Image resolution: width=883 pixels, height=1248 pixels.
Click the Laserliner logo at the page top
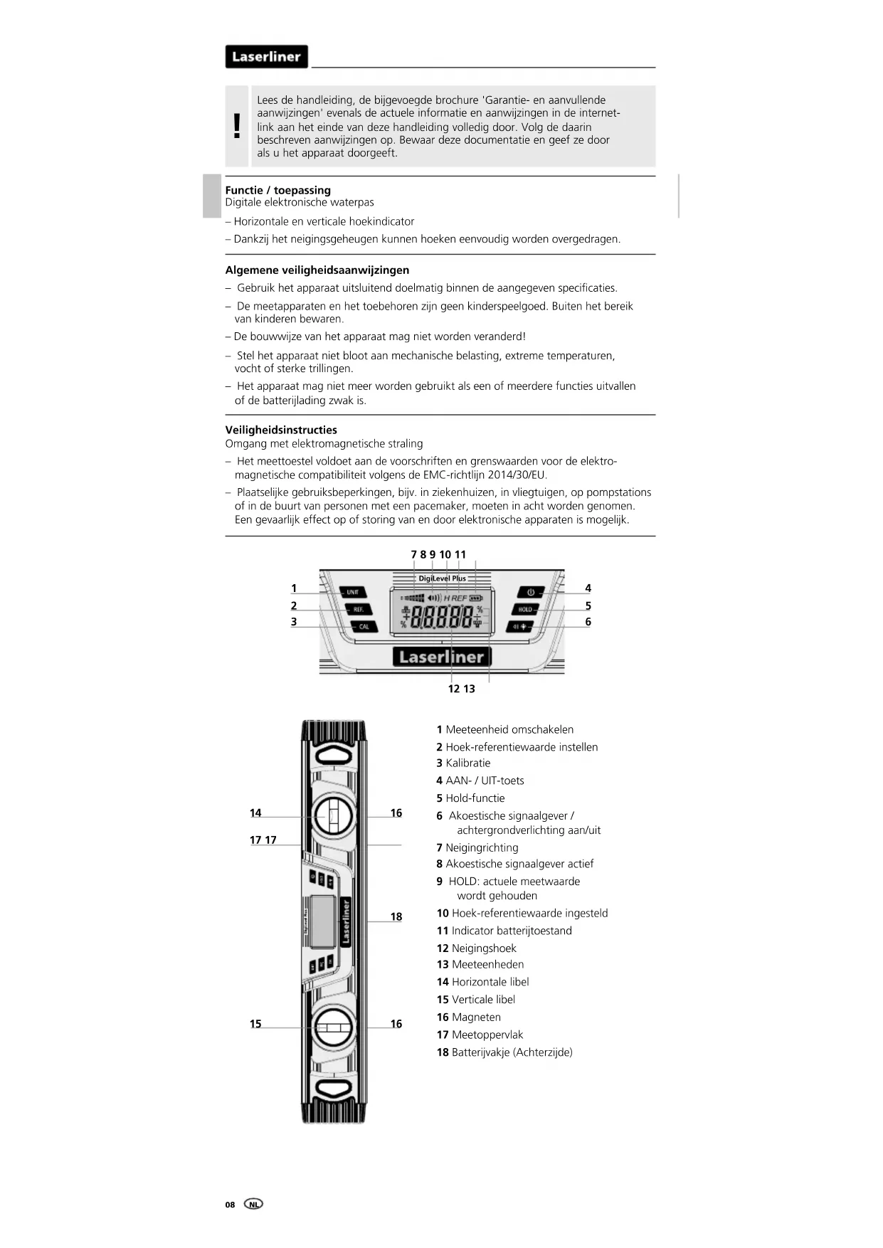tap(266, 57)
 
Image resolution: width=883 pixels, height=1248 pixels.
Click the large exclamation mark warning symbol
tap(237, 127)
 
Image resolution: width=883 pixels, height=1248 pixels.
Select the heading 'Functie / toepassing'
tap(277, 190)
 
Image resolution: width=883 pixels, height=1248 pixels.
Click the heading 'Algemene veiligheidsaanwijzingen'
tap(317, 270)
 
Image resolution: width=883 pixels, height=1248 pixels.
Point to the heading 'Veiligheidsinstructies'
tap(281, 430)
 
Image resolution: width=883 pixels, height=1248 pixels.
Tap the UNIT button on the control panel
tap(353, 592)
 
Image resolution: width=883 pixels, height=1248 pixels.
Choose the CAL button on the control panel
tap(364, 627)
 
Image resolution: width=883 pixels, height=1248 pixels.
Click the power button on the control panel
tap(530, 592)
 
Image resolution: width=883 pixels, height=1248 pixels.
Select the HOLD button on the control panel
tap(525, 610)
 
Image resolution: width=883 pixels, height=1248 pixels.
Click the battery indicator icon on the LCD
tap(475, 598)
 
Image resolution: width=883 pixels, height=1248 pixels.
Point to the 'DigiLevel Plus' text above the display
tap(442, 578)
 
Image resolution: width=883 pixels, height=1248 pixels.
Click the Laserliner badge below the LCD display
tap(441, 657)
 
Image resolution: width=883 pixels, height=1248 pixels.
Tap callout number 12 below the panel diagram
tap(453, 689)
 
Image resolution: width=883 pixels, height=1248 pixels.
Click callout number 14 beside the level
tap(255, 813)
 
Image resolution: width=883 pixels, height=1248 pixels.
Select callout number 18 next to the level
tap(396, 917)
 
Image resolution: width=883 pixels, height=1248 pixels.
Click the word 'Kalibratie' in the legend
tap(467, 763)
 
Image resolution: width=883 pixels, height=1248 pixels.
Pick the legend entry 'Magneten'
tap(476, 1017)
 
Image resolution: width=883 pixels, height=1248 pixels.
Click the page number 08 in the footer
tap(230, 1205)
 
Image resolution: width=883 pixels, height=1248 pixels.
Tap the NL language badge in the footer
tap(253, 1204)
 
